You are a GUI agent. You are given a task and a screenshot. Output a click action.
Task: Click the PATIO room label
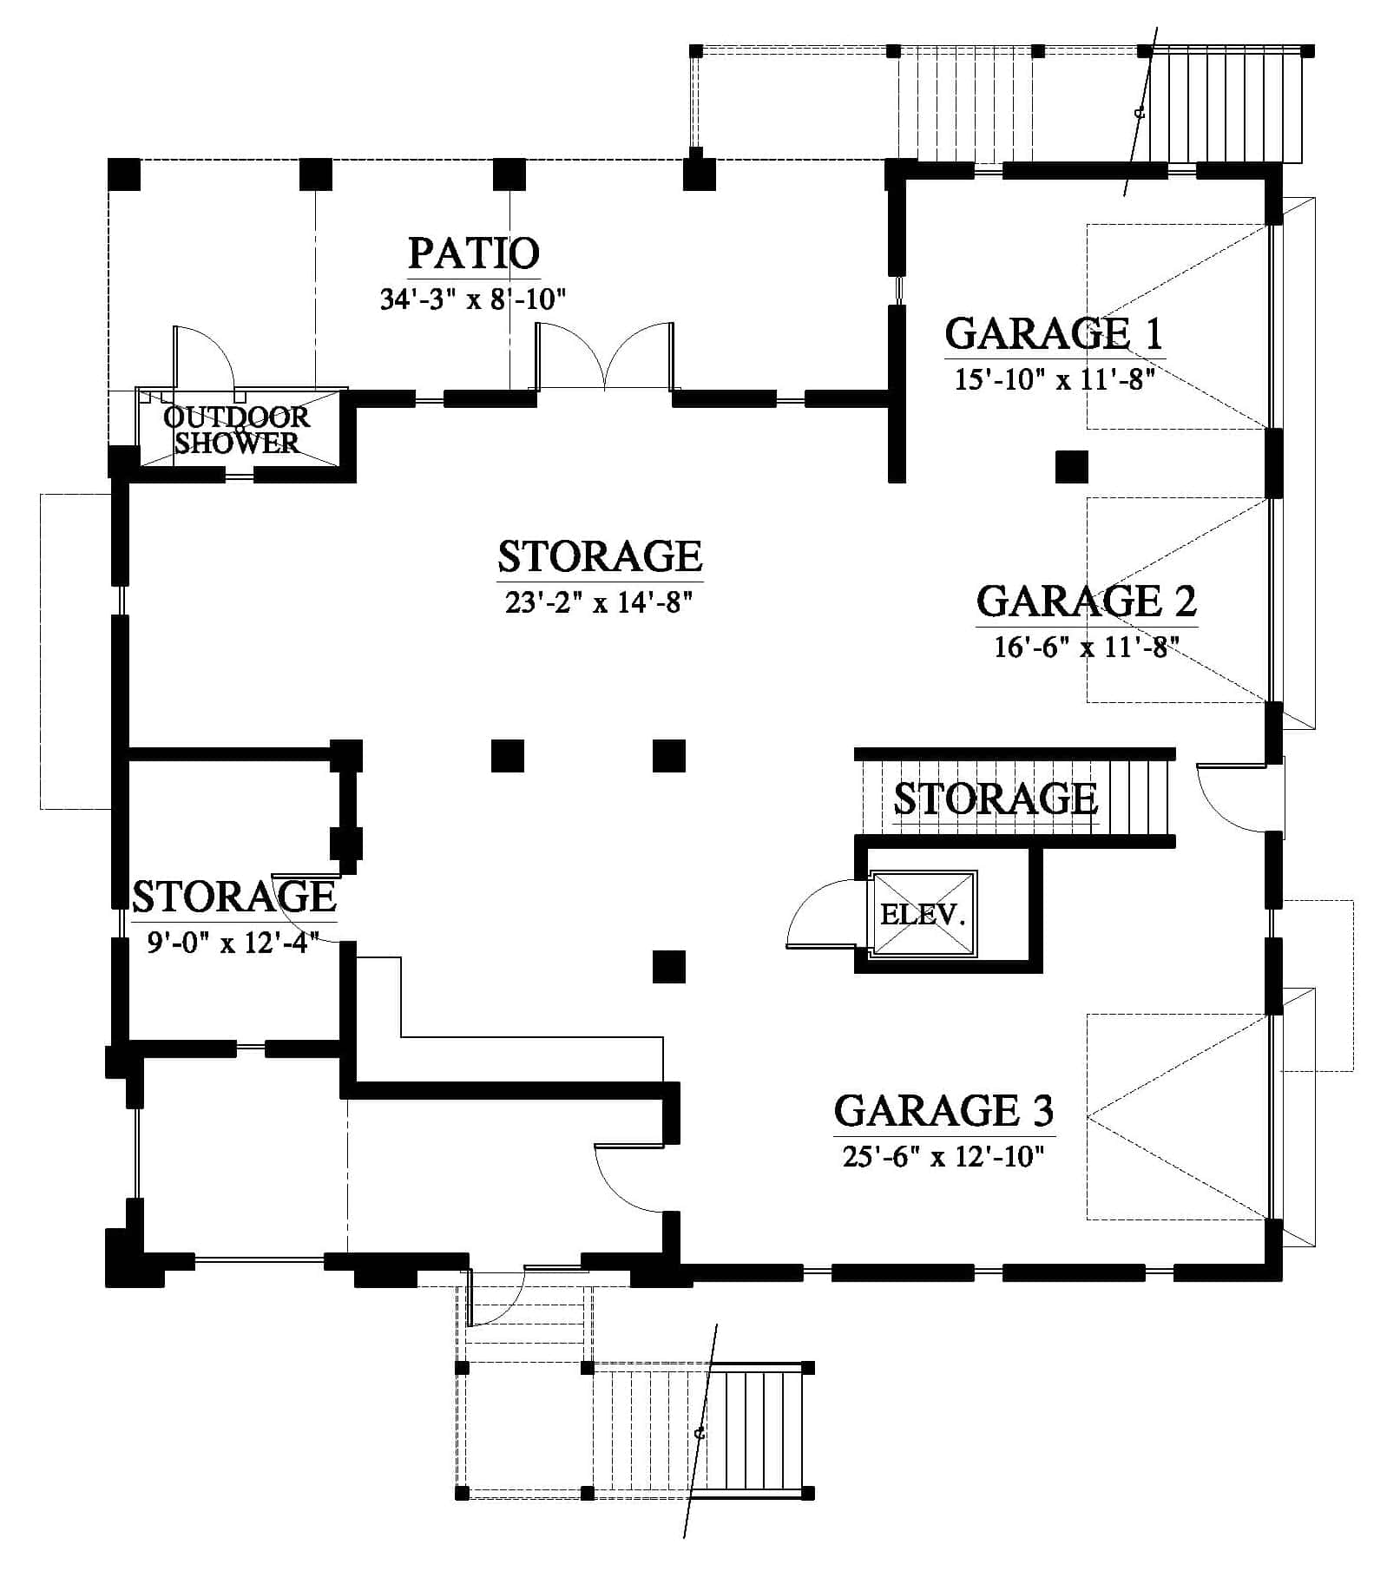click(474, 253)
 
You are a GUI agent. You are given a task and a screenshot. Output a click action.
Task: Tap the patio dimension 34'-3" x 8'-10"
click(473, 299)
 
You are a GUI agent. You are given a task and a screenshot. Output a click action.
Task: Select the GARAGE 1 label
click(1054, 333)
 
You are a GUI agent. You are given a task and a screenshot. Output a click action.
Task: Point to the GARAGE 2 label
click(1087, 601)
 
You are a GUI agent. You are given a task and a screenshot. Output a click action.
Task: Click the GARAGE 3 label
click(944, 1110)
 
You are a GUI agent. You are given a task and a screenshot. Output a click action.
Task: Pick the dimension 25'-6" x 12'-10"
click(943, 1156)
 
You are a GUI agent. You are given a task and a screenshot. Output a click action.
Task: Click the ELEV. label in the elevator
click(923, 914)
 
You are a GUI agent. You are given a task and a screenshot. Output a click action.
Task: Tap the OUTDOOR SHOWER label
click(237, 430)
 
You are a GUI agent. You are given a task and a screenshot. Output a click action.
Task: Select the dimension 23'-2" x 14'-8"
click(599, 601)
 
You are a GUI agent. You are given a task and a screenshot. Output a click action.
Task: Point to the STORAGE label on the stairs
click(996, 799)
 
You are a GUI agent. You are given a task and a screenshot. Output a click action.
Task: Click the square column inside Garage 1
click(1072, 466)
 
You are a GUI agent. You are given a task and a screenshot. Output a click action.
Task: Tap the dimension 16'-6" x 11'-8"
click(1087, 647)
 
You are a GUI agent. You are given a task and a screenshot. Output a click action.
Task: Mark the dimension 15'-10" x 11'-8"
click(1054, 379)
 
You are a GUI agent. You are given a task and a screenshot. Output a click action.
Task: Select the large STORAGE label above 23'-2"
click(600, 555)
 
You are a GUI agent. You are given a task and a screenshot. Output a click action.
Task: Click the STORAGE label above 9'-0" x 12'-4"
click(234, 896)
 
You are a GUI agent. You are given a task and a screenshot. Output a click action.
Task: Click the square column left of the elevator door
click(669, 967)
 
